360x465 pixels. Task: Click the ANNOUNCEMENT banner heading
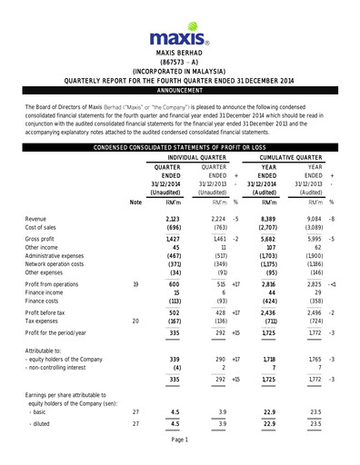[180, 91]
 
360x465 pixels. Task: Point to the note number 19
[135, 285]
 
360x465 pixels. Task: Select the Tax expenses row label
[48, 321]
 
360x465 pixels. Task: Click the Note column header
[135, 202]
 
